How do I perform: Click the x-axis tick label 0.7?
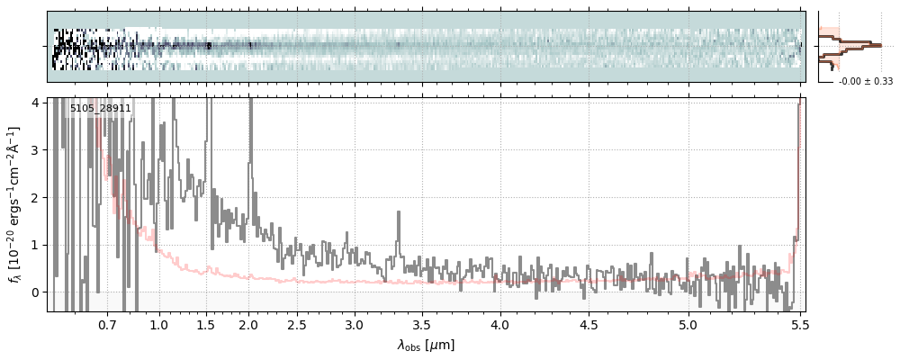[x=107, y=323]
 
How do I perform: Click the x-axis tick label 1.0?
[x=159, y=323]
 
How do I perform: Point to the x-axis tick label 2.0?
[x=249, y=323]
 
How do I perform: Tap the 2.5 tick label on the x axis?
[x=297, y=323]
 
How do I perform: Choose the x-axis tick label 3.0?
[x=355, y=323]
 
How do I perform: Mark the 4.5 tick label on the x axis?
[x=589, y=323]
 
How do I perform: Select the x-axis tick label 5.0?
[x=688, y=323]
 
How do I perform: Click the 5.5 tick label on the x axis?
[x=797, y=323]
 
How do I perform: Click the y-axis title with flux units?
[x=15, y=204]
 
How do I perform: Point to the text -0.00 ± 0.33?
[x=866, y=81]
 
